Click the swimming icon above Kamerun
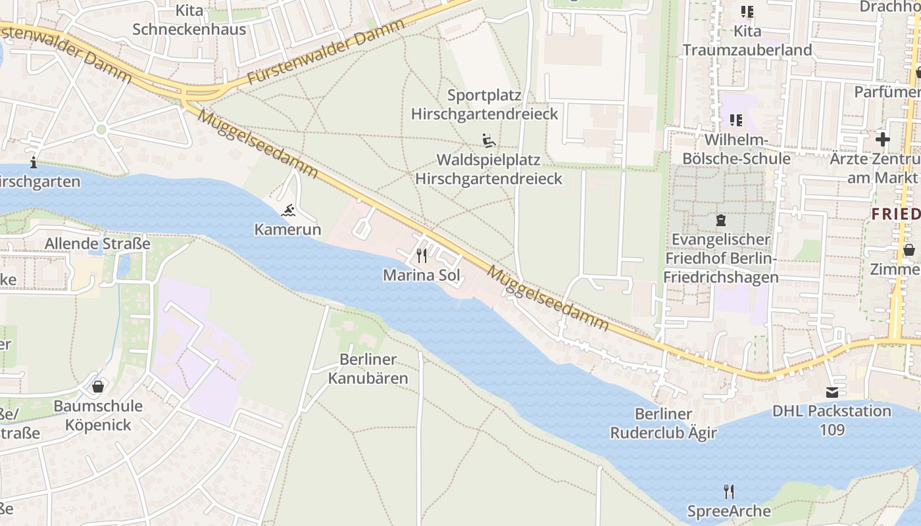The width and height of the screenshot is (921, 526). coord(288,211)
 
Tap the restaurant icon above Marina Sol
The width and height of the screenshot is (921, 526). coord(421,255)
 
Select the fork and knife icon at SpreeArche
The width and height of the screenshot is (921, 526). coord(728,491)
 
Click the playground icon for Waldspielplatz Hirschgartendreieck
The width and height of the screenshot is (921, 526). coord(488,141)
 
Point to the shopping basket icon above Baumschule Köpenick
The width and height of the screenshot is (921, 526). coord(98,386)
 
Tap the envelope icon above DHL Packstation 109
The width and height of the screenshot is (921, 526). coord(832,392)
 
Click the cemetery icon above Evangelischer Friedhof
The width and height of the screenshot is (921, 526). coord(720,220)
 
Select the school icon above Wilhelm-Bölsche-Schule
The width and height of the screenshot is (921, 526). coord(735,120)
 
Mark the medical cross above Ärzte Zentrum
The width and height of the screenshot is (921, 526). coord(882,139)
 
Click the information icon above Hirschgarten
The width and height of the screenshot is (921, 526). coord(34,162)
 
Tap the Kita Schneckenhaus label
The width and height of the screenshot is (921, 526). coord(189,20)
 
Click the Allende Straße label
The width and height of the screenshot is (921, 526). coord(97,244)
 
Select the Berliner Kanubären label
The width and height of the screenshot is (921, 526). coord(368,369)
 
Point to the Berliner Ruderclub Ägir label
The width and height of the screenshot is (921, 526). coord(663,423)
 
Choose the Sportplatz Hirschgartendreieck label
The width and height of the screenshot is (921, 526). coord(484,105)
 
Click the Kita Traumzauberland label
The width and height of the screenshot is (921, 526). coord(747,41)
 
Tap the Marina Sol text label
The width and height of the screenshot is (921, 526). coord(421,275)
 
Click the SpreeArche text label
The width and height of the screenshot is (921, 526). coord(729,511)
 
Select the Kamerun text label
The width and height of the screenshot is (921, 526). coord(288,229)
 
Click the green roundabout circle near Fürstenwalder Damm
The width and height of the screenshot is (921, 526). coord(101,130)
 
